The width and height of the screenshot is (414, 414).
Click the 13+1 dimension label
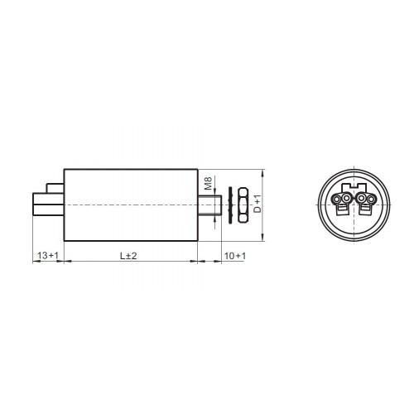[48, 256]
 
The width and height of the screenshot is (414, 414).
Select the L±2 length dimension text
[128, 256]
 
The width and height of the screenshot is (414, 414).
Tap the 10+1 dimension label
[235, 256]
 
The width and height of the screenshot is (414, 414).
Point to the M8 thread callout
[208, 183]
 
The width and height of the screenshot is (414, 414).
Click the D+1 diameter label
[257, 204]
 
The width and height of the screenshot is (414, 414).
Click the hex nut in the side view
[243, 205]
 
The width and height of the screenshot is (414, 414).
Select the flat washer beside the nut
[230, 205]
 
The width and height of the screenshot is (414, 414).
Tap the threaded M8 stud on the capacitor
[209, 205]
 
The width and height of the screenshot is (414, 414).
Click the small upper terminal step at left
[55, 188]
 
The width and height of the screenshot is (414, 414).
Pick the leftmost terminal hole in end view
[336, 199]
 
